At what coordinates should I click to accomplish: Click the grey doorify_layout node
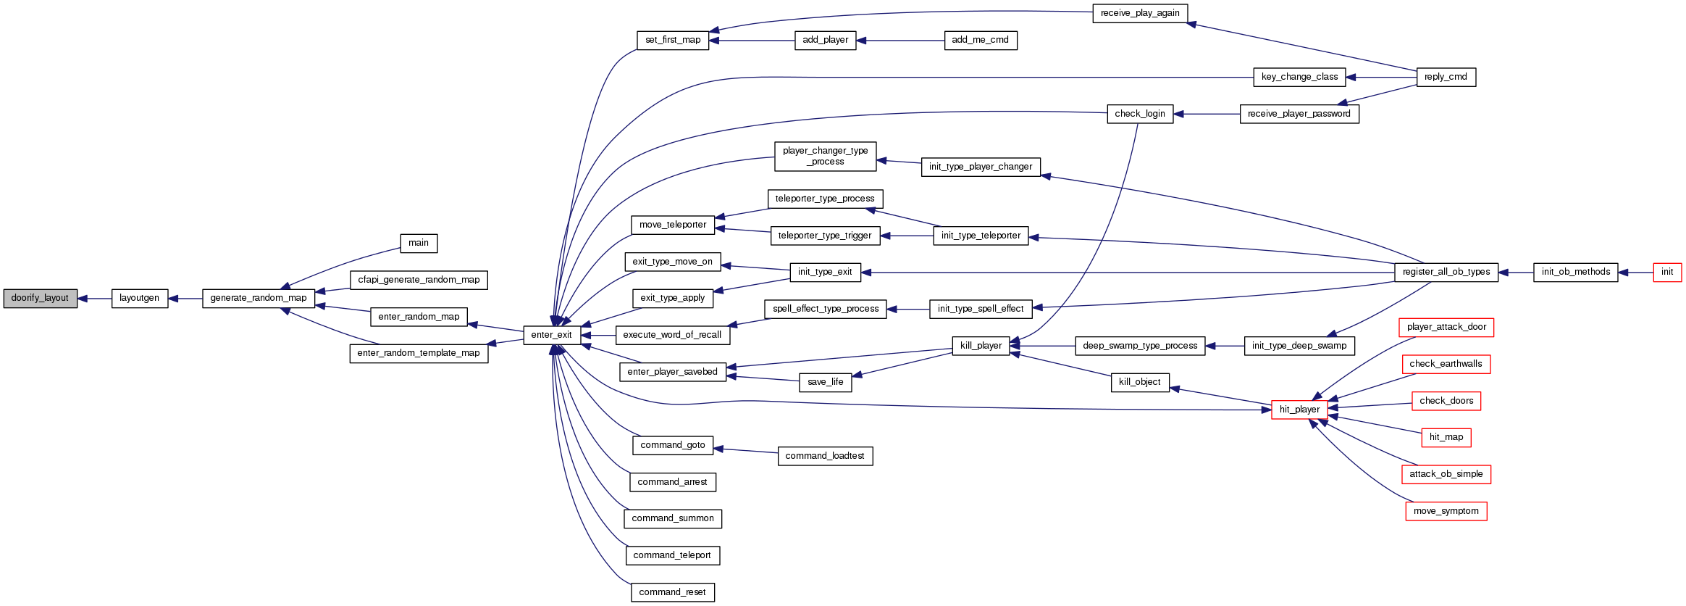click(x=40, y=298)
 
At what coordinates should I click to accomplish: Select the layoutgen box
click(x=139, y=298)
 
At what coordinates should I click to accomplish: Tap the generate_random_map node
click(x=259, y=298)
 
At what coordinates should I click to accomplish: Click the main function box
click(x=419, y=243)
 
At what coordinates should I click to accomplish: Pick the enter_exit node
click(x=551, y=335)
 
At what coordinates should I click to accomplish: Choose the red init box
click(x=1666, y=272)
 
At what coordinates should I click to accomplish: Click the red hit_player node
click(x=1299, y=410)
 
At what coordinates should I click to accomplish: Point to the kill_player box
click(x=981, y=346)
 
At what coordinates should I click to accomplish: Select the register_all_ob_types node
click(x=1446, y=272)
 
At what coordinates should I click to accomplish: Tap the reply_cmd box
click(x=1446, y=77)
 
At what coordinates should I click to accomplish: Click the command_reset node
click(x=672, y=592)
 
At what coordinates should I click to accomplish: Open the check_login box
click(x=1140, y=114)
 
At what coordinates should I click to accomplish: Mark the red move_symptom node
click(x=1446, y=511)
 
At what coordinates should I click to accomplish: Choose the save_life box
click(x=825, y=382)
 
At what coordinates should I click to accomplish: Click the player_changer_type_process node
click(x=825, y=156)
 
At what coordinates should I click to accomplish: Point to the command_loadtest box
click(x=825, y=456)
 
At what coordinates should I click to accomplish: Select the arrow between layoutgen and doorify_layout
click(x=94, y=299)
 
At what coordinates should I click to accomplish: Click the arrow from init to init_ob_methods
click(x=1635, y=273)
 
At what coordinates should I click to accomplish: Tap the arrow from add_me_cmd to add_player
click(x=900, y=41)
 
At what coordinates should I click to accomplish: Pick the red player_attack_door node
click(x=1446, y=327)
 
